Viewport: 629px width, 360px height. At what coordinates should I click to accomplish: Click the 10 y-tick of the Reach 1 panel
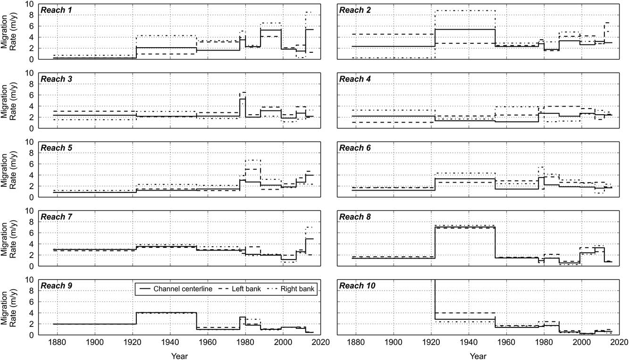(29, 4)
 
